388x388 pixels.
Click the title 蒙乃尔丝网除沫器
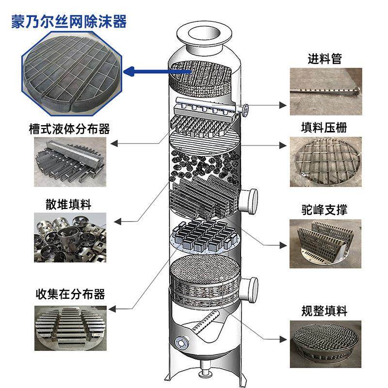[68, 22]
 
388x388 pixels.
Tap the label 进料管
[324, 59]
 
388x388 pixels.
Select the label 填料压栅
[324, 128]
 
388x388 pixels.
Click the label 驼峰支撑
[324, 210]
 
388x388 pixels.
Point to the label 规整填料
[324, 310]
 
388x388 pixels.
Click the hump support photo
[325, 242]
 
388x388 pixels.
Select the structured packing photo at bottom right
[325, 342]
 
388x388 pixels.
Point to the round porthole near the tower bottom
[182, 341]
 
